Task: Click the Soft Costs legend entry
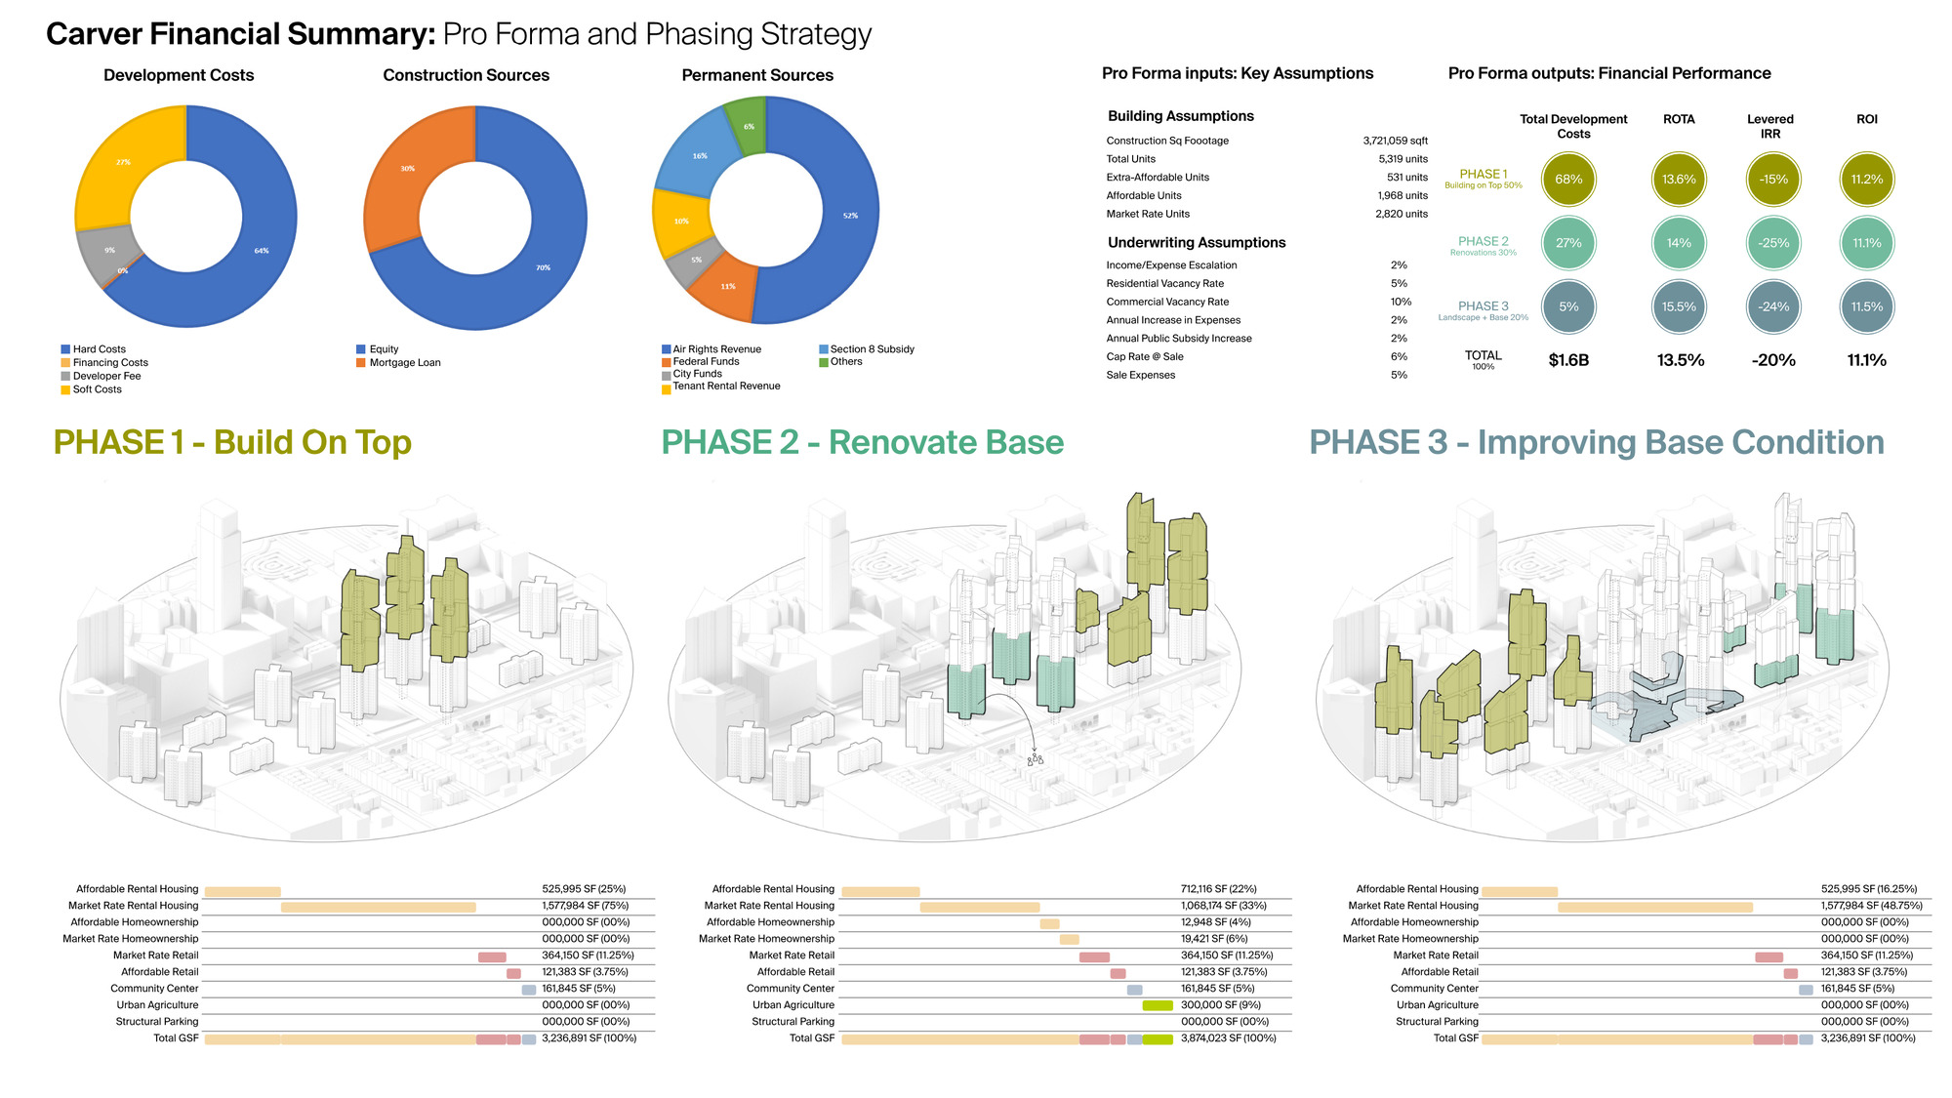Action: [97, 389]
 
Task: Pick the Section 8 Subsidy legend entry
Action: [872, 349]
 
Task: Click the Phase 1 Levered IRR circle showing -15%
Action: [1773, 180]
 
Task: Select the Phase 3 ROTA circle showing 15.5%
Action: [1679, 307]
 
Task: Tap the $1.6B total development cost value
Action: [1568, 360]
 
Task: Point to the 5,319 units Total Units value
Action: [1403, 159]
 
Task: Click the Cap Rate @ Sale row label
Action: [1145, 357]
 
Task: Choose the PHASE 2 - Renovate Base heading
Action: [862, 442]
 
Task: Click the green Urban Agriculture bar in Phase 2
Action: [1158, 1005]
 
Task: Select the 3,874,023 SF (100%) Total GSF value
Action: [1228, 1038]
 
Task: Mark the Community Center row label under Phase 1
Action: [154, 989]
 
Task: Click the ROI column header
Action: [1866, 119]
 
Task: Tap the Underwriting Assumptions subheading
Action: [1197, 243]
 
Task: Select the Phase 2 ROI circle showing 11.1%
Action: [1866, 243]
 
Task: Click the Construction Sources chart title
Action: [466, 75]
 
